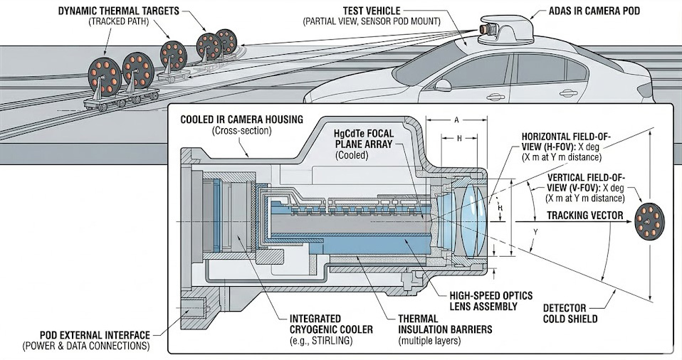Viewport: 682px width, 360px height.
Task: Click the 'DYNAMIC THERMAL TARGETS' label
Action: point(118,11)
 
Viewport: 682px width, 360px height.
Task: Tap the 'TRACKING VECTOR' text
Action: point(584,216)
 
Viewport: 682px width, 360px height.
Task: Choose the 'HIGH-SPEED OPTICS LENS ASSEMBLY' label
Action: point(491,301)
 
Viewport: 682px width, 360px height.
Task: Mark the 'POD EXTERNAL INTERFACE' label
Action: point(86,335)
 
